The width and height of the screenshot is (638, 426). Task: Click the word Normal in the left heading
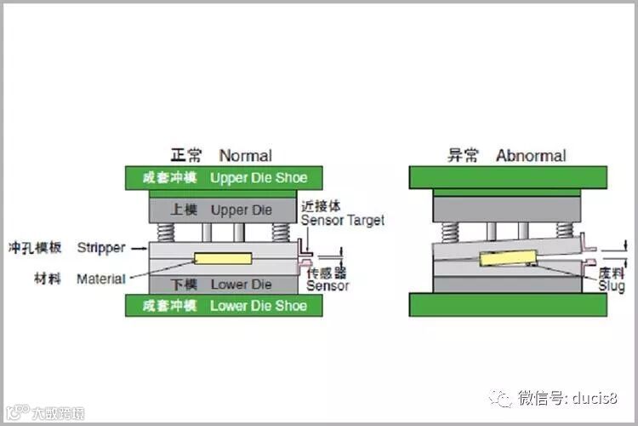[x=245, y=155]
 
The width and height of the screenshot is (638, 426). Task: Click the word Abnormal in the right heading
[x=531, y=155]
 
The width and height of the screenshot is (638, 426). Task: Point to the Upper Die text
[x=242, y=210]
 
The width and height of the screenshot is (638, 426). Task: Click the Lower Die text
[x=241, y=284]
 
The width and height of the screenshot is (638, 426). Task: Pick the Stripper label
[x=100, y=248]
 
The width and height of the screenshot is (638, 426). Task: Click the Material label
[x=100, y=279]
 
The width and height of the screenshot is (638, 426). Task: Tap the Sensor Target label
[x=342, y=221]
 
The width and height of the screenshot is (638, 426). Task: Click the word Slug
[x=611, y=287]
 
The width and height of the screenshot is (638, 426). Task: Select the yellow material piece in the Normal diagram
[x=223, y=258]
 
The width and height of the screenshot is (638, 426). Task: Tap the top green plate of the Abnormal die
[x=508, y=177]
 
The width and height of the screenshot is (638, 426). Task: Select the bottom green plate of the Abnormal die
[x=508, y=304]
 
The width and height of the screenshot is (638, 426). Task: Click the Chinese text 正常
[x=186, y=155]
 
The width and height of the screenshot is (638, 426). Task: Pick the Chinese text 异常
[x=463, y=155]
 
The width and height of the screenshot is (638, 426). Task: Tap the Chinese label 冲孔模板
[x=33, y=248]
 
